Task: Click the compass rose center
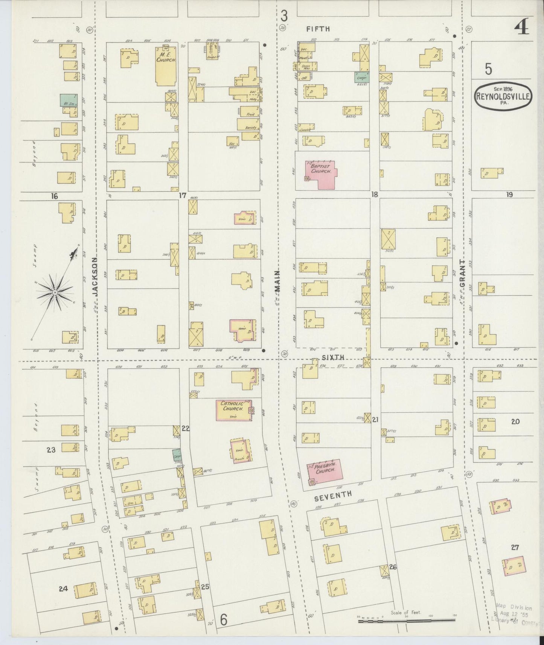55,292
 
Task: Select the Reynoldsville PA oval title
503,96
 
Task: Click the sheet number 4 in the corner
522,27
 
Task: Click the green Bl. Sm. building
69,100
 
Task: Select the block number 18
374,194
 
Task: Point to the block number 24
63,589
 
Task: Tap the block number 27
515,548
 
